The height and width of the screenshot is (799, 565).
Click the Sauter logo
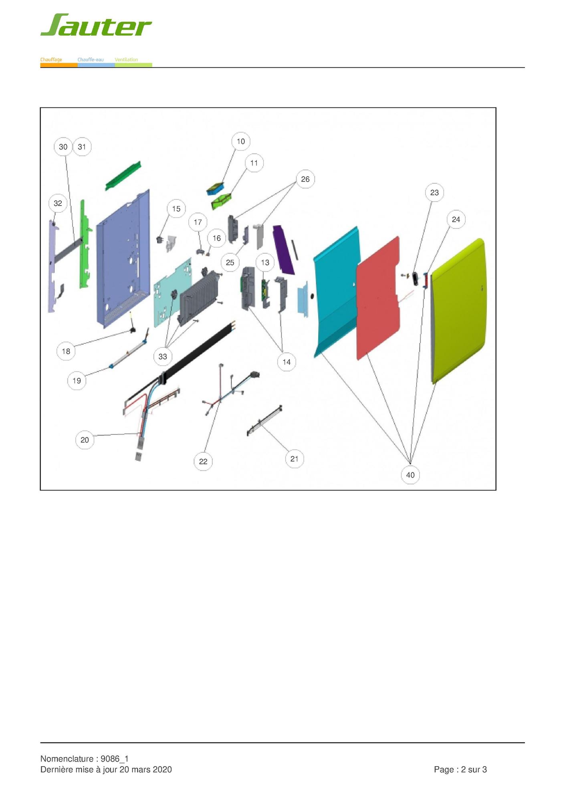click(x=96, y=25)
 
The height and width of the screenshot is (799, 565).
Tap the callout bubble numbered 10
click(x=241, y=141)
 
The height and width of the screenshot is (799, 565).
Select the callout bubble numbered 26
click(x=305, y=179)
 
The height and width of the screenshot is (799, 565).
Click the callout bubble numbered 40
click(x=410, y=475)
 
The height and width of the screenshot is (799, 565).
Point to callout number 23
click(x=434, y=193)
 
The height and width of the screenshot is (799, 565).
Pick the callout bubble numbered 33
click(x=163, y=356)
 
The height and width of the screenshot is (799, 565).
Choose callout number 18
click(x=66, y=351)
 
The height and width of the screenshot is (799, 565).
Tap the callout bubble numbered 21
click(x=295, y=459)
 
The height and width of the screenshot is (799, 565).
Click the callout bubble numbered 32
click(x=58, y=203)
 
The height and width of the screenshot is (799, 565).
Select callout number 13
click(x=265, y=262)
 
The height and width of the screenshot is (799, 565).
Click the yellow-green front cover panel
click(x=458, y=311)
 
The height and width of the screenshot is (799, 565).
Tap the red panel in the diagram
click(x=378, y=297)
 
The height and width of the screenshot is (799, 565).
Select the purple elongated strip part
click(x=284, y=250)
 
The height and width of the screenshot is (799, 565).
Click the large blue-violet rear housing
click(x=123, y=258)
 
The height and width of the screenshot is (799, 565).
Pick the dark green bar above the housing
click(x=123, y=176)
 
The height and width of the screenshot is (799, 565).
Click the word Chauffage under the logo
click(x=51, y=60)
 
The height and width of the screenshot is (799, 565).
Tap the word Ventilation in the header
click(x=126, y=60)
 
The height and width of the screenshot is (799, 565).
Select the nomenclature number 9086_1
click(x=115, y=759)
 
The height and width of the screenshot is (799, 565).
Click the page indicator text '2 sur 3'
click(x=474, y=769)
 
